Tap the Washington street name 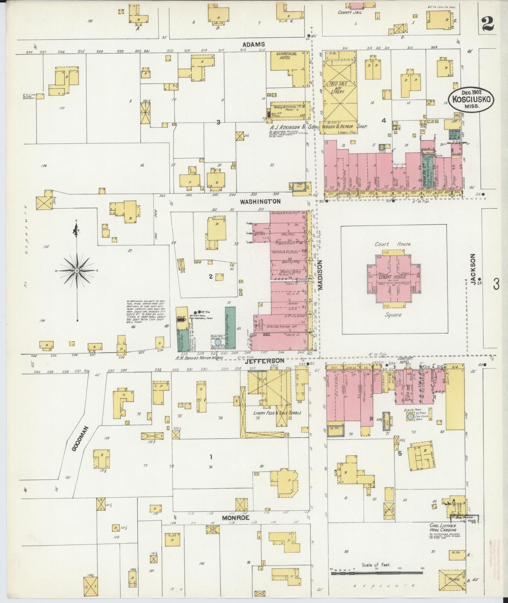point(260,202)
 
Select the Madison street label point(320,275)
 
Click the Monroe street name point(236,518)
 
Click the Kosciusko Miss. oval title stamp point(471,100)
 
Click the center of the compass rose point(76,270)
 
